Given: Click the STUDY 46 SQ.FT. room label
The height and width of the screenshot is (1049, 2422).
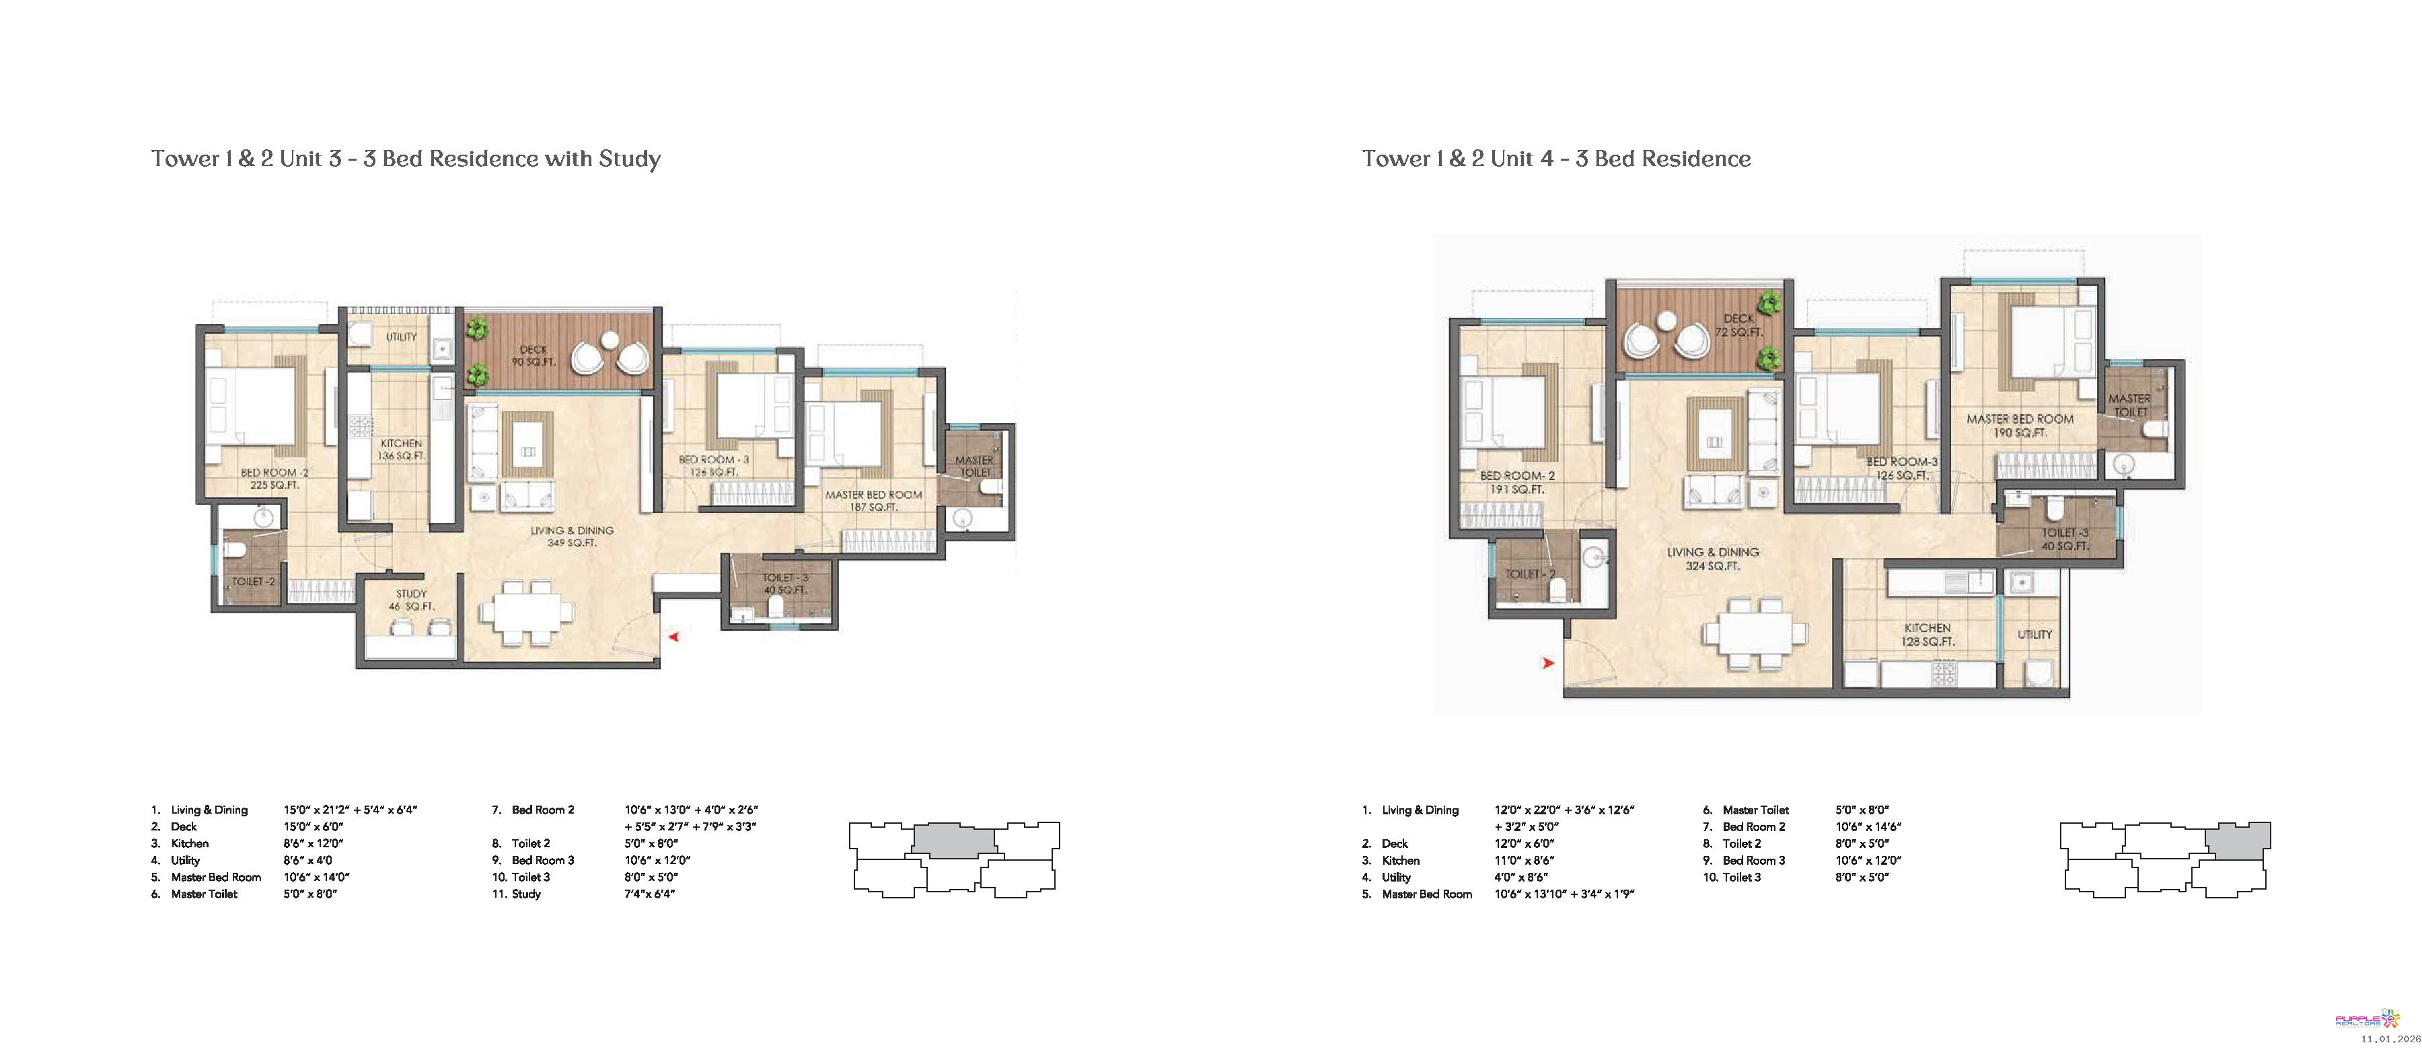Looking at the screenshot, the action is (411, 600).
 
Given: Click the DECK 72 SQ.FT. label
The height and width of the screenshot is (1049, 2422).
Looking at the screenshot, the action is (1738, 325).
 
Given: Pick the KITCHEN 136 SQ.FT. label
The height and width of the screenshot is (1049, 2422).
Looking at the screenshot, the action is (402, 449).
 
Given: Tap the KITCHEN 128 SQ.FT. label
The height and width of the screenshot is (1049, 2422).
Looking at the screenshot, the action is (1928, 635).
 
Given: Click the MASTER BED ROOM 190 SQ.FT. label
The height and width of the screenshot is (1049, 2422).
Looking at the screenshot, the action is (2020, 426).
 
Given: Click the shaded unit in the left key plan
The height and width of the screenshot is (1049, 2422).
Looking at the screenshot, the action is (953, 839).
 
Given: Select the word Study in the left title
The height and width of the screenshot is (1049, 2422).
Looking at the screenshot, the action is (630, 159).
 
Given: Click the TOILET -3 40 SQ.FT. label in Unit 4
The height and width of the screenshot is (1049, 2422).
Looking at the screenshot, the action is (2065, 539).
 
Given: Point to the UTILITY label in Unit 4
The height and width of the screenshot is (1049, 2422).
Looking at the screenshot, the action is (2034, 635).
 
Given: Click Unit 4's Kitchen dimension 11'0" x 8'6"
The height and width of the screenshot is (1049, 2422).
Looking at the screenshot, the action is (1524, 860).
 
